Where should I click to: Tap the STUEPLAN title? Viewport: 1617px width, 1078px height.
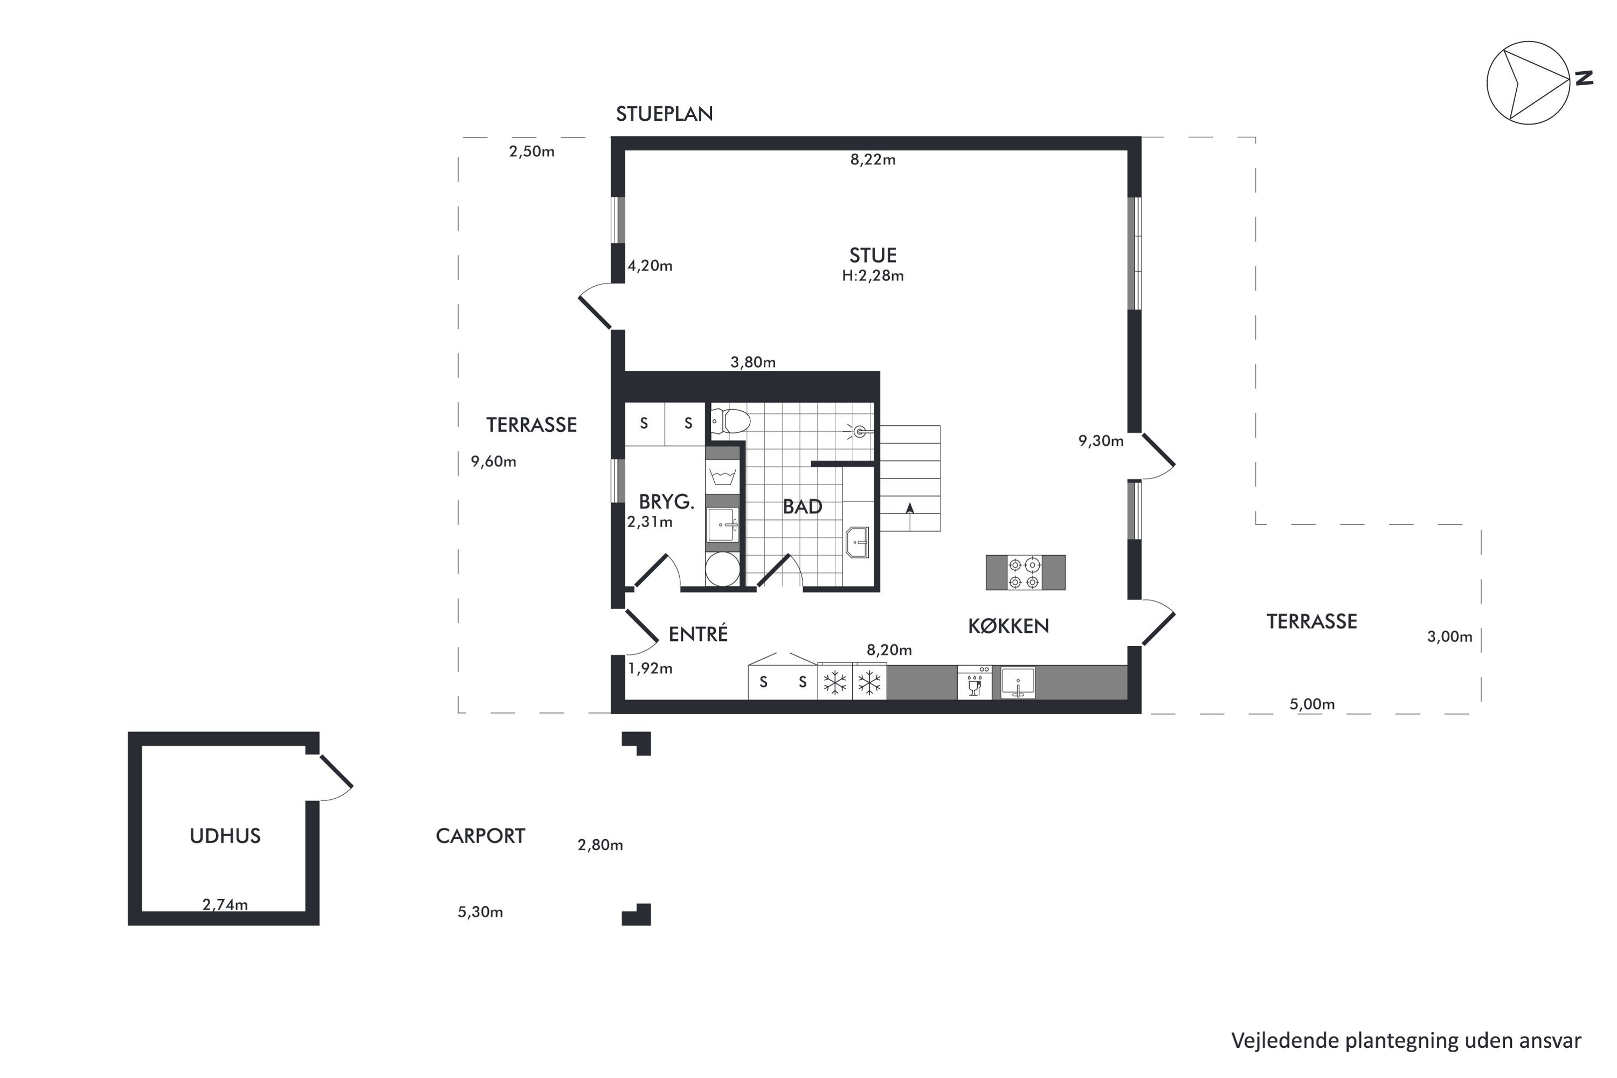pos(664,114)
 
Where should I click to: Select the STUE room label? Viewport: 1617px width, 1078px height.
pos(873,255)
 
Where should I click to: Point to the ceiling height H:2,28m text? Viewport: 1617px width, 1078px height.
pos(873,275)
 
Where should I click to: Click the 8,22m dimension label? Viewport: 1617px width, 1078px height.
pos(873,160)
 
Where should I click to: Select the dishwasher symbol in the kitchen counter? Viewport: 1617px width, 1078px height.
pos(974,682)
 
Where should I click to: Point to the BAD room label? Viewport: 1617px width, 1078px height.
pos(803,507)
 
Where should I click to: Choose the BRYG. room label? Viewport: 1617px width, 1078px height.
pos(666,502)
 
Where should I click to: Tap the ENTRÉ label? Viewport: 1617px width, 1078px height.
pos(698,633)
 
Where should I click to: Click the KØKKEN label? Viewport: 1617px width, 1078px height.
pos(1008,626)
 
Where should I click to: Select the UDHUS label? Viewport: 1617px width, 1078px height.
pos(225,836)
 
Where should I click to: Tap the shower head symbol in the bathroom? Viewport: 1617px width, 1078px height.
pos(859,431)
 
